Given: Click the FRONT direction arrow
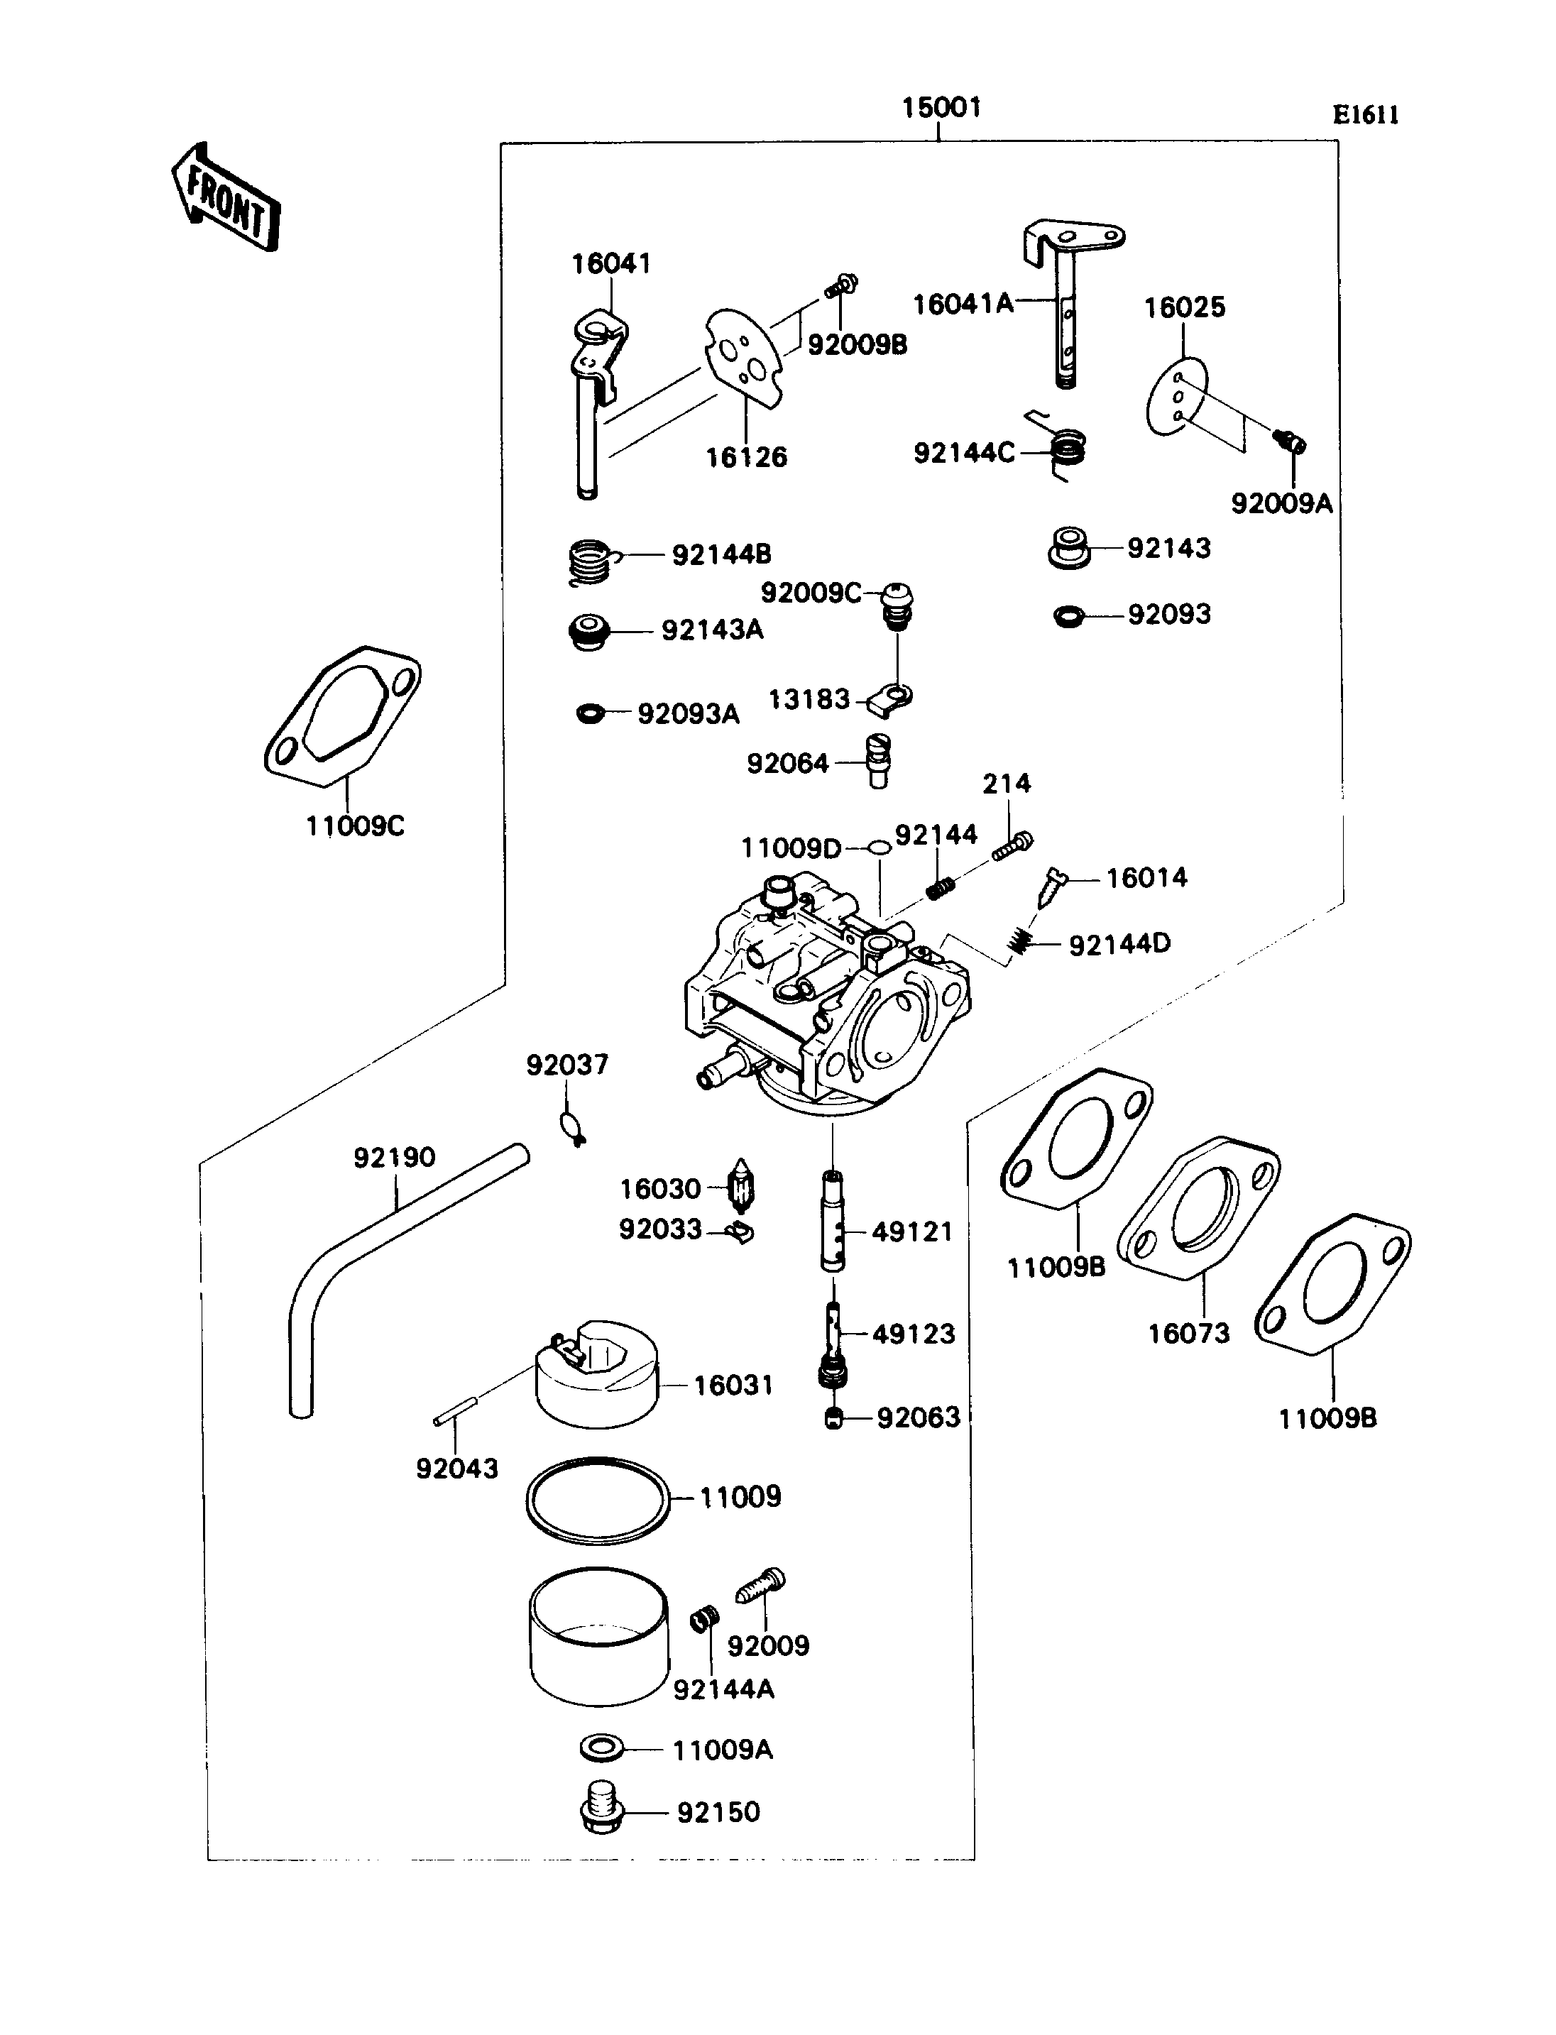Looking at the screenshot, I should [225, 197].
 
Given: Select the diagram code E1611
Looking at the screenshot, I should [1365, 115].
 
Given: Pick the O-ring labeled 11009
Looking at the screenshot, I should [598, 1501].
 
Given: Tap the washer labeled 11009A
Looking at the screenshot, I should [601, 1749].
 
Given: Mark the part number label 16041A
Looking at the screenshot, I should [963, 304].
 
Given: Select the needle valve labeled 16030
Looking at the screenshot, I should [743, 1187].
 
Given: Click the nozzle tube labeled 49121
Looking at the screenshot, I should [833, 1221].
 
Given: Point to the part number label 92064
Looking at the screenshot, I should [787, 763].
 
